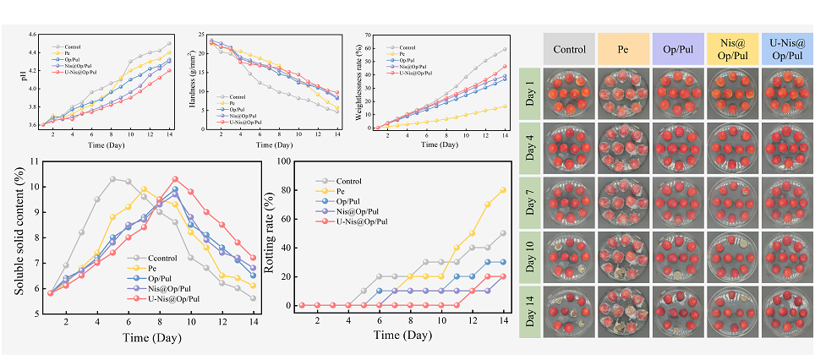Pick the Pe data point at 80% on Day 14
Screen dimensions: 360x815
[x=504, y=190]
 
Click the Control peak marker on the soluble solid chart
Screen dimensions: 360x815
[x=112, y=178]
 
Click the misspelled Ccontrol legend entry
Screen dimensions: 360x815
[x=154, y=257]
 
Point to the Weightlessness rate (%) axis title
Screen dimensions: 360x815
[x=360, y=82]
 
